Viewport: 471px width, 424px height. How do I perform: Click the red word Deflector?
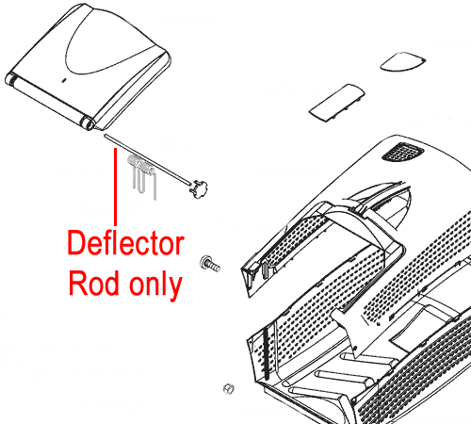(125, 243)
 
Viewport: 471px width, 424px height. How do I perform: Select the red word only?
(156, 285)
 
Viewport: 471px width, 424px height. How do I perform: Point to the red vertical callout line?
(116, 187)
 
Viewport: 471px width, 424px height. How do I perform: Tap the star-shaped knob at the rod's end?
(199, 188)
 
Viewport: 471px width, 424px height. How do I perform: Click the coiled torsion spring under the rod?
(141, 164)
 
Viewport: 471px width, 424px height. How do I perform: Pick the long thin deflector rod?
(147, 159)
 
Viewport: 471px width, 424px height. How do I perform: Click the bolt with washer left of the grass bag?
(210, 264)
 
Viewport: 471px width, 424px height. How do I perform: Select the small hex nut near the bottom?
(229, 389)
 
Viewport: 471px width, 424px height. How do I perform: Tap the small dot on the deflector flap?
(63, 80)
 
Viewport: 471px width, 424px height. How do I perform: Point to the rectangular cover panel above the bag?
(337, 103)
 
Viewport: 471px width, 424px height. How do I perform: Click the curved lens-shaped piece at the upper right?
(403, 62)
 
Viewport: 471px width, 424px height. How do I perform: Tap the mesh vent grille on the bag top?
(402, 152)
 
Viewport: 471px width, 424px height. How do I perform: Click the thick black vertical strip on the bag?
(267, 353)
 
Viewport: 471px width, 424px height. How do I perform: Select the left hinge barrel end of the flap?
(10, 78)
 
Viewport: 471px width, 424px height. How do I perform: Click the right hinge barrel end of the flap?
(87, 123)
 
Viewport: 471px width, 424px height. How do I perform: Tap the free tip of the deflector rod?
(106, 136)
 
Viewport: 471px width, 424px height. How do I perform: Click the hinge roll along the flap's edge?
(49, 101)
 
